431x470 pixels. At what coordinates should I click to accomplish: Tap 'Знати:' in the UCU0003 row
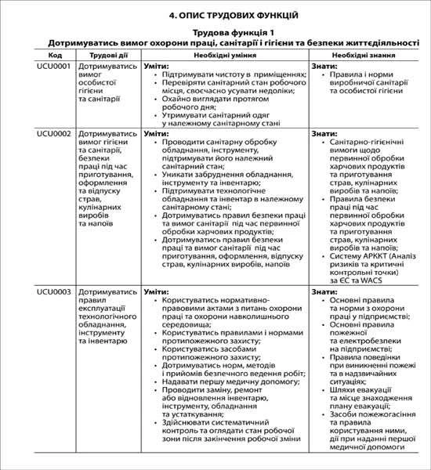(x=324, y=291)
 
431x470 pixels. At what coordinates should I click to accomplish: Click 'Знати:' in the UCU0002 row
(x=324, y=134)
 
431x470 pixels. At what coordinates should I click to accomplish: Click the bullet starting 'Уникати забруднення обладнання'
(x=219, y=177)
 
